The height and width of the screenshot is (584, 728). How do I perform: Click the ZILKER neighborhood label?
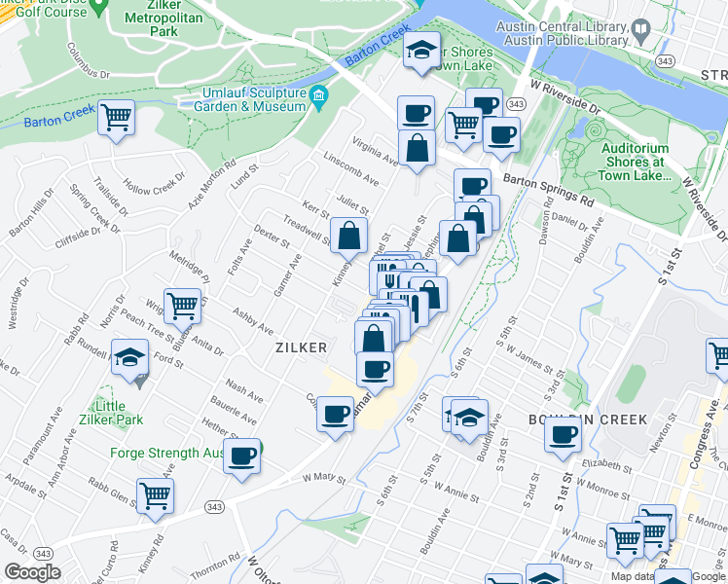pos(300,347)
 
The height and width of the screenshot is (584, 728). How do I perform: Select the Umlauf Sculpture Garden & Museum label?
pos(254,99)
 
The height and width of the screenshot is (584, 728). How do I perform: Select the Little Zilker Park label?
pos(117,413)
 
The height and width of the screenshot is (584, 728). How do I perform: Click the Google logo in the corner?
pos(32,572)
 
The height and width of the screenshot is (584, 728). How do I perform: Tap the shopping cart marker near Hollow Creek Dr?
pos(117,118)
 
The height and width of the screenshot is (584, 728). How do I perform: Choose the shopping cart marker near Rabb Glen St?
pos(155,495)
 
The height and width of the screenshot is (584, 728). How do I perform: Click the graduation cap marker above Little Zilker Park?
pos(129,358)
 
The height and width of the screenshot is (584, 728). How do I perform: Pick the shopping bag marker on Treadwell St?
pos(348,235)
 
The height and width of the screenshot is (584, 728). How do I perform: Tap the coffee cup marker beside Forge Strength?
pos(241,455)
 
